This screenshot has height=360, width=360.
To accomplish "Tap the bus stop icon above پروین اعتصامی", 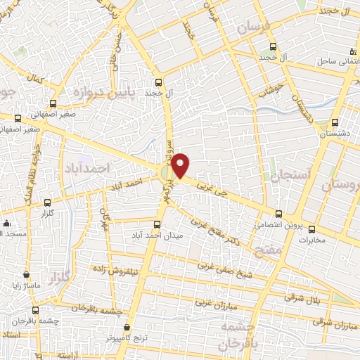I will pos(279,214).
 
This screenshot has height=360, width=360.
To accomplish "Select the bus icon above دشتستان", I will pos(335,122).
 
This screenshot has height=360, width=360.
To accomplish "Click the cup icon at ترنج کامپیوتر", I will pos(127,328).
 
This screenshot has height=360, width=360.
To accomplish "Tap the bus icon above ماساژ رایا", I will pos(27,275).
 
